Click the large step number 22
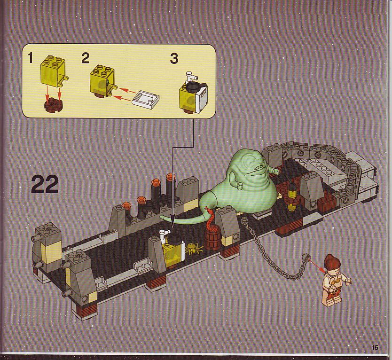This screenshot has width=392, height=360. coord(45,184)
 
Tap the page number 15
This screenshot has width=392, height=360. coord(375,347)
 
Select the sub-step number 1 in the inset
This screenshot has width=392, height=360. coord(31,58)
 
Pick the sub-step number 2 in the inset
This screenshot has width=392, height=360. coord(86,58)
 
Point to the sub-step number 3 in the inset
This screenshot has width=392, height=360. coord(174,59)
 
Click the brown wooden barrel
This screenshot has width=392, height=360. coord(212,238)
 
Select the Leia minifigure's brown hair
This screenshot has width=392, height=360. coord(332,264)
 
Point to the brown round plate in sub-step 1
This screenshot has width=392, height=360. coord(54,105)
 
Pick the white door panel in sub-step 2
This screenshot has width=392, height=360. coord(146,99)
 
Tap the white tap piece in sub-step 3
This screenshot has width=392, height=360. coord(191,77)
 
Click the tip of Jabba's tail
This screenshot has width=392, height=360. coord(161,218)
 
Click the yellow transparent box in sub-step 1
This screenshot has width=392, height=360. coord(53,71)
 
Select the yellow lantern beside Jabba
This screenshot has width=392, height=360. coord(291,197)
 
